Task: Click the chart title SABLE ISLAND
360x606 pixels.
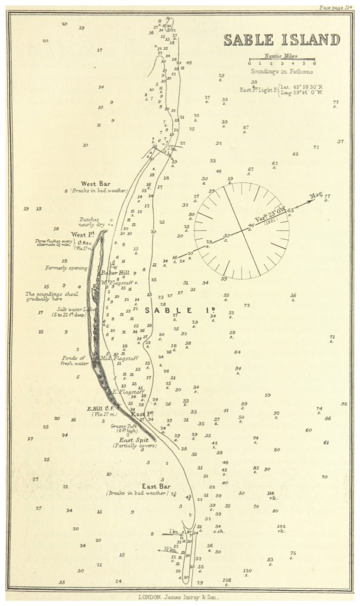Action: pyautogui.click(x=282, y=40)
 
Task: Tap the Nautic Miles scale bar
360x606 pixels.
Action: pyautogui.click(x=281, y=60)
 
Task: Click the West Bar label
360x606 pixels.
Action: pyautogui.click(x=96, y=184)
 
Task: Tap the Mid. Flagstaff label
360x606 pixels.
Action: pyautogui.click(x=121, y=358)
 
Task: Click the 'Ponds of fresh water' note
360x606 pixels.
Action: pyautogui.click(x=75, y=360)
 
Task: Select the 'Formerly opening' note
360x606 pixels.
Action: pyautogui.click(x=66, y=268)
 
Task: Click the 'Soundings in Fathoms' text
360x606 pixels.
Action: pyautogui.click(x=281, y=72)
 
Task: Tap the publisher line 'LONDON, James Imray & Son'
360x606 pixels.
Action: pyautogui.click(x=178, y=598)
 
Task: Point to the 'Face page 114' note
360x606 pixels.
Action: pyautogui.click(x=335, y=8)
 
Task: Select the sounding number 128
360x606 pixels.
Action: pyautogui.click(x=227, y=580)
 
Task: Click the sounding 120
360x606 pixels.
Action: pyautogui.click(x=247, y=571)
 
